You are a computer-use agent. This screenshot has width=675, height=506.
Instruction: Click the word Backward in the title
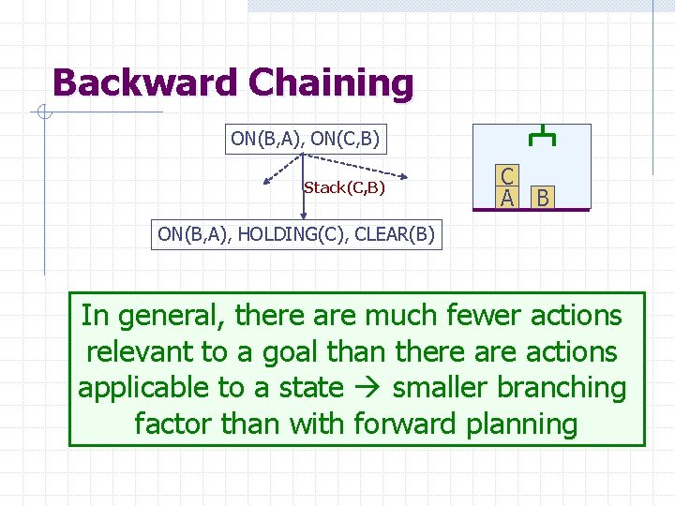pyautogui.click(x=144, y=82)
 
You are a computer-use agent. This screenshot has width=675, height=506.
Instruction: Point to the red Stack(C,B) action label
pyautogui.click(x=344, y=187)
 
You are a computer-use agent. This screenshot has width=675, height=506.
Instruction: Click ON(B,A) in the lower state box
pyautogui.click(x=193, y=234)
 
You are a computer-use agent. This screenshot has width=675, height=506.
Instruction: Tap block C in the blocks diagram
pyautogui.click(x=506, y=176)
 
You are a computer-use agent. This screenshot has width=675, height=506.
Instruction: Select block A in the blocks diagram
pyautogui.click(x=506, y=197)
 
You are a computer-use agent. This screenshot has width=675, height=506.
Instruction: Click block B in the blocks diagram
pyautogui.click(x=542, y=198)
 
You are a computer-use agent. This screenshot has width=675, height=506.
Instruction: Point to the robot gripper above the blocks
pyautogui.click(x=542, y=137)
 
